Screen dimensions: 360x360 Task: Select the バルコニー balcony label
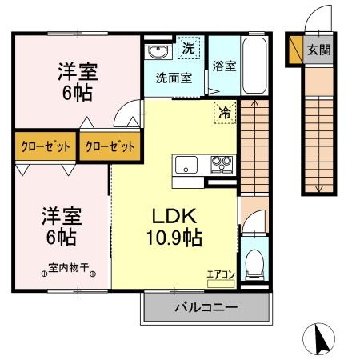(x=205, y=306)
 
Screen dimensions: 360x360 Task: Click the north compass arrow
(x=321, y=339)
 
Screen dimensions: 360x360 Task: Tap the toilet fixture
(x=254, y=262)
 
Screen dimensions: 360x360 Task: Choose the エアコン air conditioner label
(x=220, y=274)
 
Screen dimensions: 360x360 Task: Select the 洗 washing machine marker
(x=189, y=48)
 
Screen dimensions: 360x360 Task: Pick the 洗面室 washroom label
(x=174, y=79)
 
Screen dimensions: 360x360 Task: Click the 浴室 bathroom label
(x=223, y=66)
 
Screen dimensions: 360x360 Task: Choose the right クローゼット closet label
(x=109, y=146)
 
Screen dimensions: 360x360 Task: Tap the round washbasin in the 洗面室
(x=157, y=53)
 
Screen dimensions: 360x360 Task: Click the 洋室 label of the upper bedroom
(x=77, y=70)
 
